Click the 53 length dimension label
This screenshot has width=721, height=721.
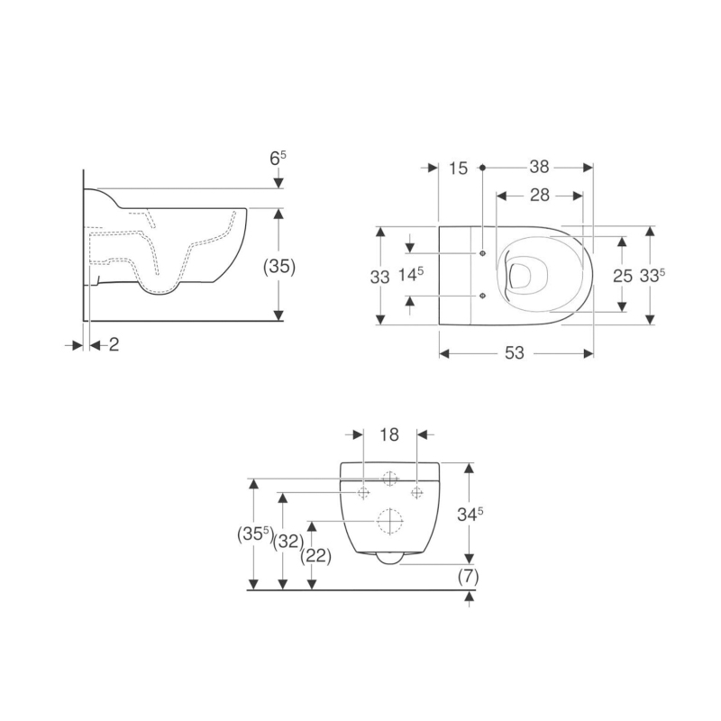pos(514,353)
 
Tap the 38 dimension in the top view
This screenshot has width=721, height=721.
pos(539,168)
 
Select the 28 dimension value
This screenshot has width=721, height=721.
pos(539,196)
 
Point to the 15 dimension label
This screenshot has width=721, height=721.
pos(458,169)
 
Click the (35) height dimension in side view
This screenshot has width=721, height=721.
pos(279,267)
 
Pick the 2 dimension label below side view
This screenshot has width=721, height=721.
pos(114,344)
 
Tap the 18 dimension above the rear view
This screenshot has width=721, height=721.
pos(389,434)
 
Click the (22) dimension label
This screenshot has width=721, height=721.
pos(316,557)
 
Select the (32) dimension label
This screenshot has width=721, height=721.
pos(288,542)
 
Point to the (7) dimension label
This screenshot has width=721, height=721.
pos(469,576)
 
